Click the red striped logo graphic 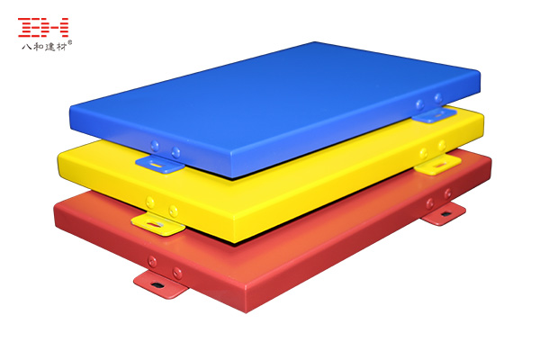click(43, 27)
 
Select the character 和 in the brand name click(38, 47)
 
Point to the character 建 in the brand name click(49, 47)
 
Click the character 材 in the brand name click(60, 47)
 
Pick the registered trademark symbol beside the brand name click(70, 42)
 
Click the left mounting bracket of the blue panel click(160, 164)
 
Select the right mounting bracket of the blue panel click(435, 115)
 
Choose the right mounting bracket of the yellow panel click(438, 165)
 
